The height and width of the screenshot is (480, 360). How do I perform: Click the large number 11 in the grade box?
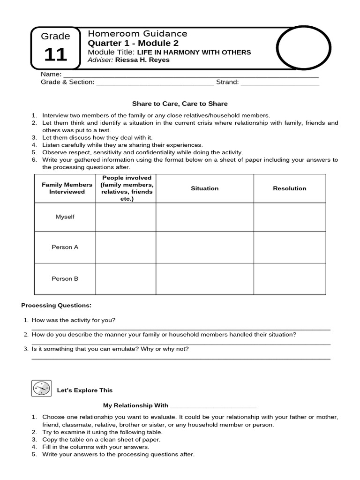point(56,55)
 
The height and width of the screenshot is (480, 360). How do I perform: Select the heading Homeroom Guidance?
point(137,33)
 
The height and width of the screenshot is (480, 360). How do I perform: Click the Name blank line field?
point(190,75)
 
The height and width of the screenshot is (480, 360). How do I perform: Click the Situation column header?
point(204,188)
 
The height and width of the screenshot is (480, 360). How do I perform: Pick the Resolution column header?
point(289,188)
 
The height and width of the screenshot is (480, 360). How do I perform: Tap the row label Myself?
point(65,217)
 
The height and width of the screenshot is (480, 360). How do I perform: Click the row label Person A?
point(65,247)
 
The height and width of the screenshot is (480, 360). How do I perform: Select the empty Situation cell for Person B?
point(204,278)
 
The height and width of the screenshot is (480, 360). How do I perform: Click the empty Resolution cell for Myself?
point(289,217)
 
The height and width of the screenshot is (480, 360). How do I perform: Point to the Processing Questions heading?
point(56,305)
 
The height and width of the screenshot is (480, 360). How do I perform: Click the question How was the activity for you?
point(74,320)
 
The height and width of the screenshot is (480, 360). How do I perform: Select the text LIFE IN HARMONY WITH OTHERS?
point(194,52)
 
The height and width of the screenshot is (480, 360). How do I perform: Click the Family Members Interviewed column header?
point(65,188)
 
